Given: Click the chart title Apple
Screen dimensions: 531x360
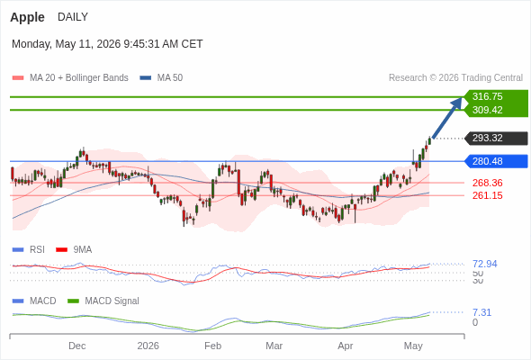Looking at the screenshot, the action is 27,17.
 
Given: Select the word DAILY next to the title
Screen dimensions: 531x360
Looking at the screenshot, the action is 73,17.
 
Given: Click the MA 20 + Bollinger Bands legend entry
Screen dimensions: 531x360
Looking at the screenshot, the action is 70,78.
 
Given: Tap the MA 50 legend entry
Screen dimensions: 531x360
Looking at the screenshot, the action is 161,78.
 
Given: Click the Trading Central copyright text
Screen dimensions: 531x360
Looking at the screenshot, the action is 455,78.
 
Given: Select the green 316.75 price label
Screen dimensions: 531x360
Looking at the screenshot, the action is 487,96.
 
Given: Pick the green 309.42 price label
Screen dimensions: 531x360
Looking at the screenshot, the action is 487,110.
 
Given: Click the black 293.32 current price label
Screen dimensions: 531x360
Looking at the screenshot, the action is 487,139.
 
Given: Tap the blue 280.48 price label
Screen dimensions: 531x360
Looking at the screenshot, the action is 487,161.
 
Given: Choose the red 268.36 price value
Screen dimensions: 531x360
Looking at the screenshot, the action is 487,183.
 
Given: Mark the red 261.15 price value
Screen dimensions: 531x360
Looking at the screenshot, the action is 487,195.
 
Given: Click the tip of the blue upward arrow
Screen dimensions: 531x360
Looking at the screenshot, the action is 462,98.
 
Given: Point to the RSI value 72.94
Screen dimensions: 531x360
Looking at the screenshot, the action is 485,264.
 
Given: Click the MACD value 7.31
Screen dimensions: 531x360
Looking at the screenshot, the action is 481,312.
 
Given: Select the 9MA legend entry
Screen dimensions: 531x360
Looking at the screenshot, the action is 74,250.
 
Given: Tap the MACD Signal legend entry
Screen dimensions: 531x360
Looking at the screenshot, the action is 103,301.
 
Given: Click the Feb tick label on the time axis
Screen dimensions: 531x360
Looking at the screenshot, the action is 212,346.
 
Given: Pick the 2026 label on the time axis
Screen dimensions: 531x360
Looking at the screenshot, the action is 148,346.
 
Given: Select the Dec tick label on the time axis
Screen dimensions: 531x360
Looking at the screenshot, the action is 76,346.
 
